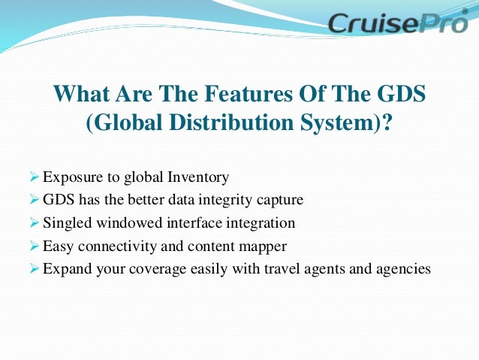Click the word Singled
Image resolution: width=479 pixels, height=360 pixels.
pos(66,223)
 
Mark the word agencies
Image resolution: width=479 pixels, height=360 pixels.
pos(404,268)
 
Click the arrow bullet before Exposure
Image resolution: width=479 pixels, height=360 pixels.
pos(34,178)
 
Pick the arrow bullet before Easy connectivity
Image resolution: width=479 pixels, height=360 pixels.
pos(34,246)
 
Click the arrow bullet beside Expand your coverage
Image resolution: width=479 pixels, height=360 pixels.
pos(34,268)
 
